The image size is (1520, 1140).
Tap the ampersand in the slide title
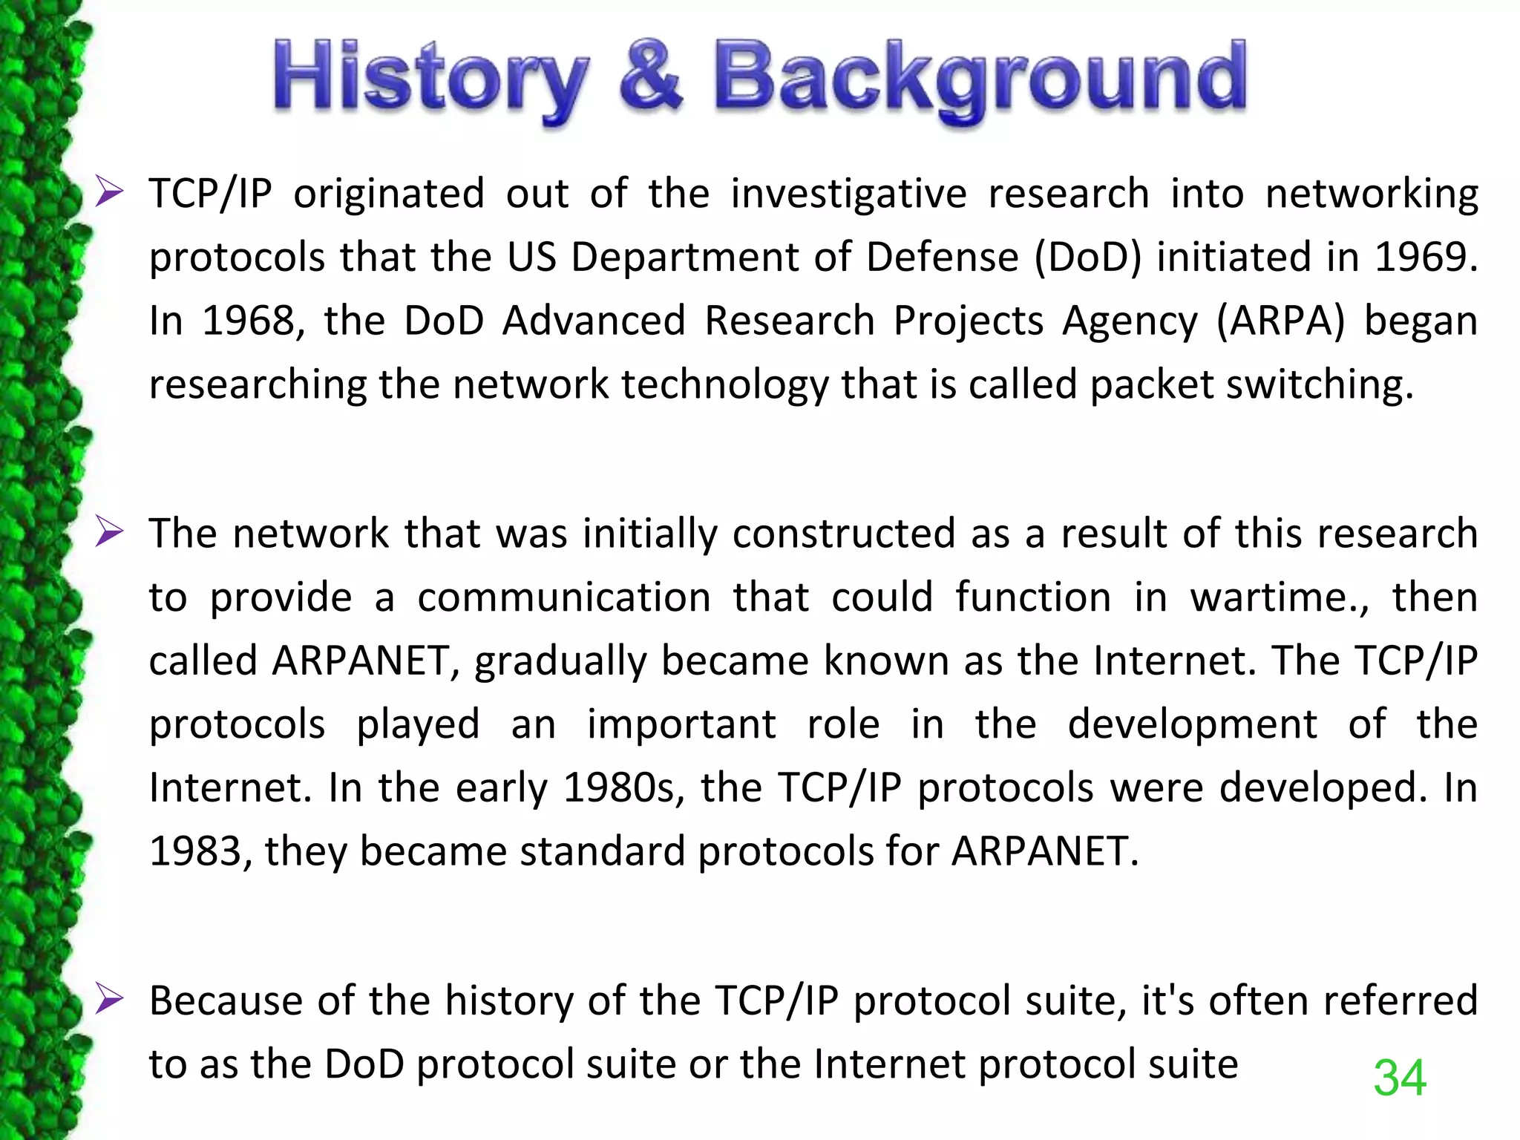coord(650,78)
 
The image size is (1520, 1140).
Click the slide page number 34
coord(1400,1078)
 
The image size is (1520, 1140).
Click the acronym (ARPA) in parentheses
coord(1281,321)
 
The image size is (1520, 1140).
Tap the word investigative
coord(849,194)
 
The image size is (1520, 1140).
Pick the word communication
coord(564,597)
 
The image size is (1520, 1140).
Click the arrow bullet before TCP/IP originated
coord(109,194)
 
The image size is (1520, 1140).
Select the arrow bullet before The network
coord(109,534)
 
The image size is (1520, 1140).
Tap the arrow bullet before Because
coord(109,1000)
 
